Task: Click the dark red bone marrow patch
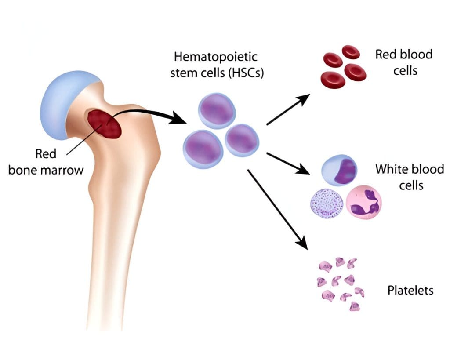click(105, 124)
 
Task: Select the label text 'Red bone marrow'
click(46, 162)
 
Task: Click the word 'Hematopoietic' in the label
click(216, 57)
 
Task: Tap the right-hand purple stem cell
click(242, 141)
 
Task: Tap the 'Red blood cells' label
click(404, 62)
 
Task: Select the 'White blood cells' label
click(409, 177)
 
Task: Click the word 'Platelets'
click(410, 291)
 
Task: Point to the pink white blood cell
click(363, 202)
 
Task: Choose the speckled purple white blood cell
click(327, 203)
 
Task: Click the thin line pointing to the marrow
click(83, 139)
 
